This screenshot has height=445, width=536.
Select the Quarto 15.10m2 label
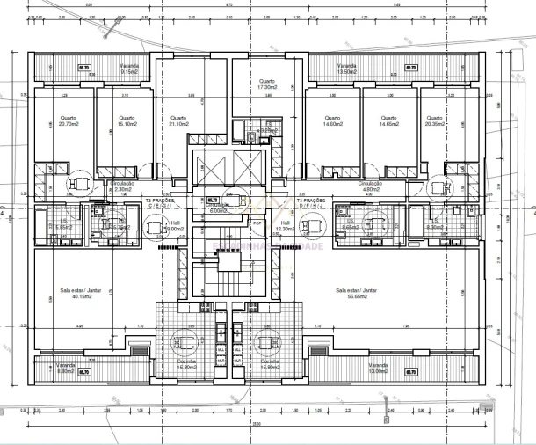(x=127, y=122)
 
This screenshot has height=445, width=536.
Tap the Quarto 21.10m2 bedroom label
(x=178, y=122)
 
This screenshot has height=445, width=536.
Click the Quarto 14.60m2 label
(x=331, y=122)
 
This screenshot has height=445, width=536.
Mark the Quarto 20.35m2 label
(x=432, y=122)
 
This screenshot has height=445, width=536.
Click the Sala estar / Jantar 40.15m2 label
(x=76, y=292)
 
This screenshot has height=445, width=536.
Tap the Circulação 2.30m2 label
(x=122, y=186)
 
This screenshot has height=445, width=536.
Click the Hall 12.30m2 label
(x=285, y=226)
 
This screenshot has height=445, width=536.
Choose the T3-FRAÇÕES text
(x=160, y=201)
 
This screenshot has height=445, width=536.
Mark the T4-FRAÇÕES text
(x=311, y=201)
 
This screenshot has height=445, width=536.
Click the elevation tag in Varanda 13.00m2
(x=410, y=372)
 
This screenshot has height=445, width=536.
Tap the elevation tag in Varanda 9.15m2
(x=85, y=66)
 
